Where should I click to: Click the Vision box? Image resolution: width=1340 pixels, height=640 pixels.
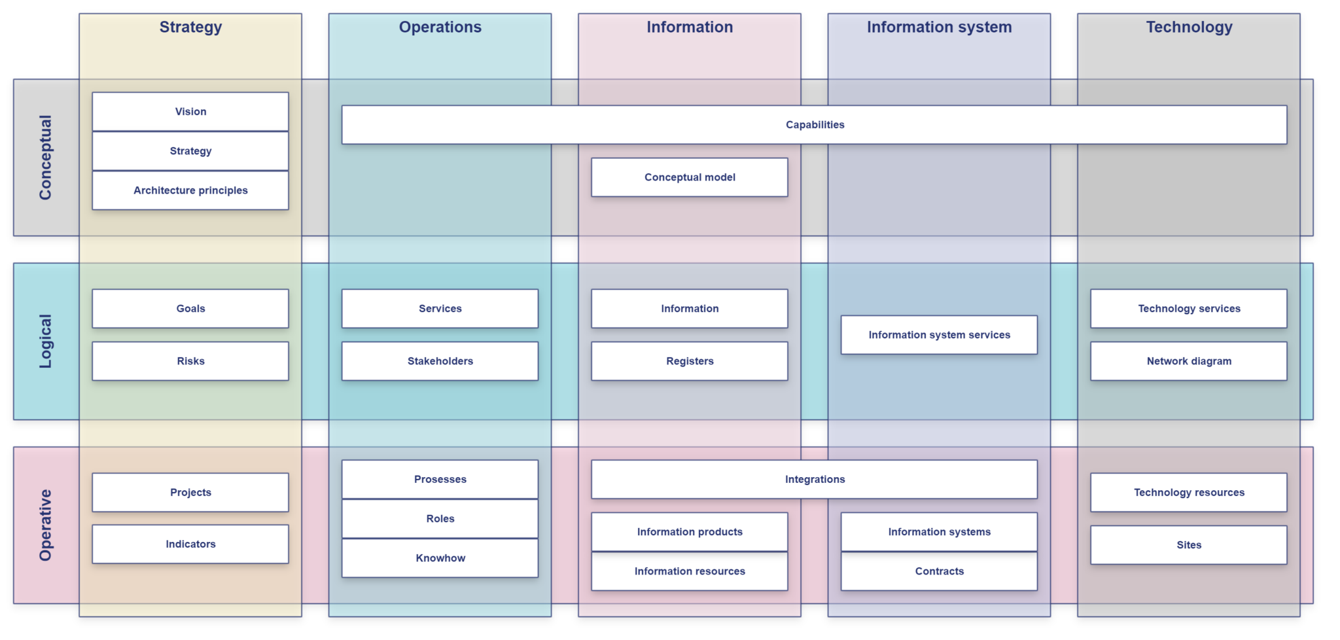[x=190, y=112]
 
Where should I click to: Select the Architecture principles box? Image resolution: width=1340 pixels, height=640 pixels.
[x=190, y=190]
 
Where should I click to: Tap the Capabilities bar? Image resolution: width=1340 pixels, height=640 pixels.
[x=814, y=125]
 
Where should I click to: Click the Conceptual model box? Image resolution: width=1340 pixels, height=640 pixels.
[x=690, y=177]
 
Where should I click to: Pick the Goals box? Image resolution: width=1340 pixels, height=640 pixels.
[x=190, y=309]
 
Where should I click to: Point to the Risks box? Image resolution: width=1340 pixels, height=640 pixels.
[x=190, y=361]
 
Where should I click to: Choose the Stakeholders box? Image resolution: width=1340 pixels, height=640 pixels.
[x=440, y=361]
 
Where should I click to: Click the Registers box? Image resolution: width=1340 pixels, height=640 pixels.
[x=690, y=361]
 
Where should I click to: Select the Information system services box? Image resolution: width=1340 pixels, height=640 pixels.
[x=939, y=335]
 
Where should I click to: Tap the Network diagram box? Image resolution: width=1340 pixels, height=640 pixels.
[x=1188, y=361]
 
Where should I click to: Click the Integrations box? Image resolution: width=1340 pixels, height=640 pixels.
[x=814, y=480]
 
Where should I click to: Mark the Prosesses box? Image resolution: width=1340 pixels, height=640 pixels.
[x=440, y=480]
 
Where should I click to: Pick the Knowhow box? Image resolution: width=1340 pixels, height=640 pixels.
[x=440, y=558]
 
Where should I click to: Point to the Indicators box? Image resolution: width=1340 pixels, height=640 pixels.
[x=190, y=544]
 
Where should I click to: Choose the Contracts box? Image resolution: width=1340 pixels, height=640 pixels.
[x=939, y=571]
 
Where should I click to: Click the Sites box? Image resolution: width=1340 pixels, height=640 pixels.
[x=1188, y=545]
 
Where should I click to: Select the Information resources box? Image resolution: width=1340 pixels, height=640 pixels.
[x=690, y=571]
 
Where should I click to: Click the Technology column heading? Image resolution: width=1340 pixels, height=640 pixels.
[x=1188, y=27]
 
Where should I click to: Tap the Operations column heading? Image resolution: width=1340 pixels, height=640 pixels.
[x=440, y=27]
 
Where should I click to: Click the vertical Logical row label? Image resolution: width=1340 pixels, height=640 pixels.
[x=45, y=342]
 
